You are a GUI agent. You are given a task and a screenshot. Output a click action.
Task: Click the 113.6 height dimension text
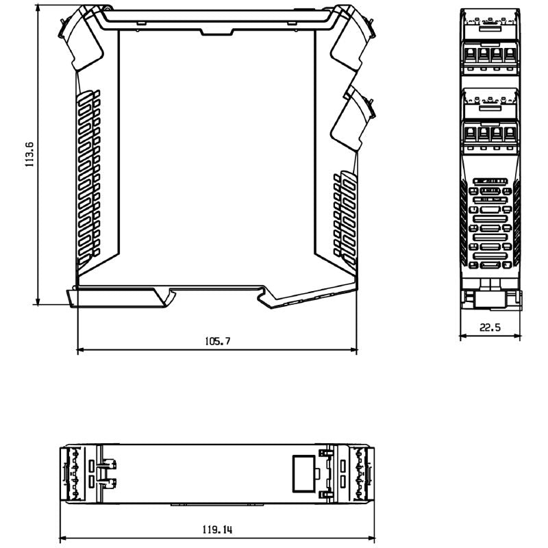click(29, 155)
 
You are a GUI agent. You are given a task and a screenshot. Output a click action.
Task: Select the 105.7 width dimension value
click(217, 340)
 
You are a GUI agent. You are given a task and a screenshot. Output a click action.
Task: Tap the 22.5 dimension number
click(490, 327)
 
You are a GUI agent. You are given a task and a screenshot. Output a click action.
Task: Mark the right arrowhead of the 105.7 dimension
click(354, 350)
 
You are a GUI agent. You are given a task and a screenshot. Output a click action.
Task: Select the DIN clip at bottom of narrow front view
click(489, 298)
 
